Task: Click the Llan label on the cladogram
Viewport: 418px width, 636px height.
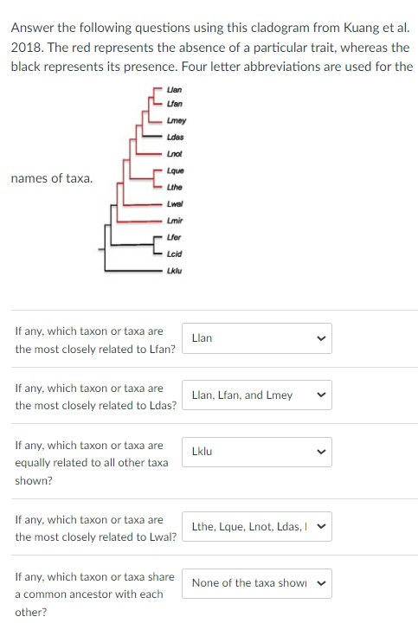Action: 175,90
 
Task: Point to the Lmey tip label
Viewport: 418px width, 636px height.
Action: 176,120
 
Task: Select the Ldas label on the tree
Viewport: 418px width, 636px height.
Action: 176,137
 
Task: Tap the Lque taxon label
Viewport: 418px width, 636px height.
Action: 176,170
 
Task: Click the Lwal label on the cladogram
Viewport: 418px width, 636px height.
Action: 176,203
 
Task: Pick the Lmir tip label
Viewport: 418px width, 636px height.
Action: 175,221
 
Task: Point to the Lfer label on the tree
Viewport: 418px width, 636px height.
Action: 175,237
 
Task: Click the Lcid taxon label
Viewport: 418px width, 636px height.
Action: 175,254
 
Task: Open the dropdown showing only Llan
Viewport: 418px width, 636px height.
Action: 256,338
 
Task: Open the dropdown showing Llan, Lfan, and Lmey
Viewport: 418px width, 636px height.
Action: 256,395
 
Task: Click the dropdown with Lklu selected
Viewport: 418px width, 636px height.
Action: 256,452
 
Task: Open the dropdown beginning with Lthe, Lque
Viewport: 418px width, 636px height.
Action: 256,526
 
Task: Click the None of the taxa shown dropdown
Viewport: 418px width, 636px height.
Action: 256,583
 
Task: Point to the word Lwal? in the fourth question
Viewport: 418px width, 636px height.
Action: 161,537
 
